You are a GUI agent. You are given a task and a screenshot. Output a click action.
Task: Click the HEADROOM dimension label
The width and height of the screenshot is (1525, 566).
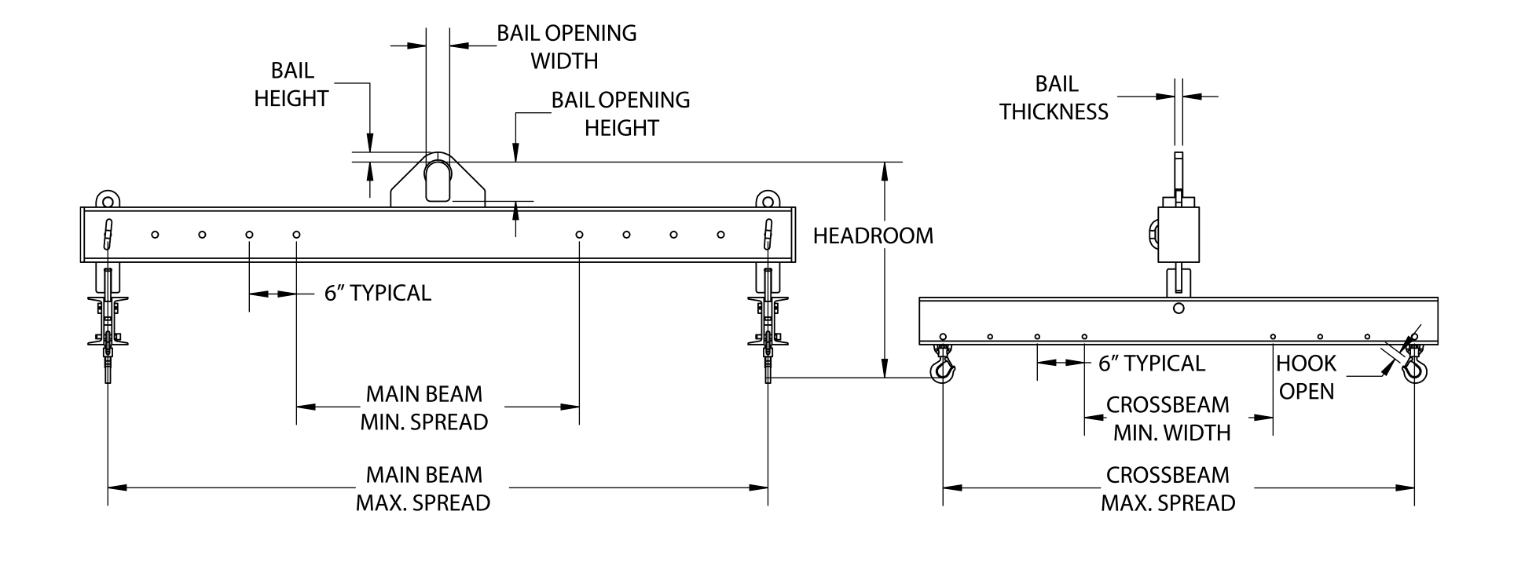click(873, 236)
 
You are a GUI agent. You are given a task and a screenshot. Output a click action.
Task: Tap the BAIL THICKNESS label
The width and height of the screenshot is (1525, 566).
click(1054, 98)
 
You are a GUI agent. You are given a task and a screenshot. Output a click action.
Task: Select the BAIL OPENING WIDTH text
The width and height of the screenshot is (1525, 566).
click(566, 46)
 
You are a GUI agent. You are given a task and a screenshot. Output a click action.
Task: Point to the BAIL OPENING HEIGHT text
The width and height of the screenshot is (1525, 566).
click(621, 114)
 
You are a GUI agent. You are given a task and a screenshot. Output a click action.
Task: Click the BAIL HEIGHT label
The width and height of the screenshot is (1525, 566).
click(291, 85)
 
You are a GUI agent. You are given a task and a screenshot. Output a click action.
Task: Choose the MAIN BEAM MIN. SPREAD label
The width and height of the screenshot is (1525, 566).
click(424, 407)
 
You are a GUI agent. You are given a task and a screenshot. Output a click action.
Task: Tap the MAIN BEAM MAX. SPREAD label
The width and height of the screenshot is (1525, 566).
click(423, 488)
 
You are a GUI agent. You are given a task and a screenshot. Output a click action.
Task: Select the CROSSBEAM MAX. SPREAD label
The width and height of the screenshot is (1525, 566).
click(1168, 488)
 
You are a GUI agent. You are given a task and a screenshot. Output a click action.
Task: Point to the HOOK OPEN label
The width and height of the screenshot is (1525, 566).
click(1306, 377)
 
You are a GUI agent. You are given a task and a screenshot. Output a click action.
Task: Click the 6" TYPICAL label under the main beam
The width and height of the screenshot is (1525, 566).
click(378, 293)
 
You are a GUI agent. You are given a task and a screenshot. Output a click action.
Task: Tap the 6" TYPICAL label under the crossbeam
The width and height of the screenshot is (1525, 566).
click(1152, 363)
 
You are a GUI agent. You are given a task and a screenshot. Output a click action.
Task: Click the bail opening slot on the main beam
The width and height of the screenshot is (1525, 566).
click(438, 180)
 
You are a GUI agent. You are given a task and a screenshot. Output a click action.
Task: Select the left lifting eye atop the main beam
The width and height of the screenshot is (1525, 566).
click(106, 197)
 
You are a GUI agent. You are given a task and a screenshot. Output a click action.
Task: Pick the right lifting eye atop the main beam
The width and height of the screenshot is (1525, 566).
click(768, 197)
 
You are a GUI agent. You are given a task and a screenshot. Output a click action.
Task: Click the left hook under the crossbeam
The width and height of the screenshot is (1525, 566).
click(942, 367)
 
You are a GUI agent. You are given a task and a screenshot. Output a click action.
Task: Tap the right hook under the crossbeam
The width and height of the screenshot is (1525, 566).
click(1414, 366)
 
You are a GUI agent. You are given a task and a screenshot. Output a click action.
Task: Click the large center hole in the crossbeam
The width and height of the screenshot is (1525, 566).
click(1178, 309)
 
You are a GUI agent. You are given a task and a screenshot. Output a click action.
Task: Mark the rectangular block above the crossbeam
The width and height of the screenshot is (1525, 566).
click(1179, 235)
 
